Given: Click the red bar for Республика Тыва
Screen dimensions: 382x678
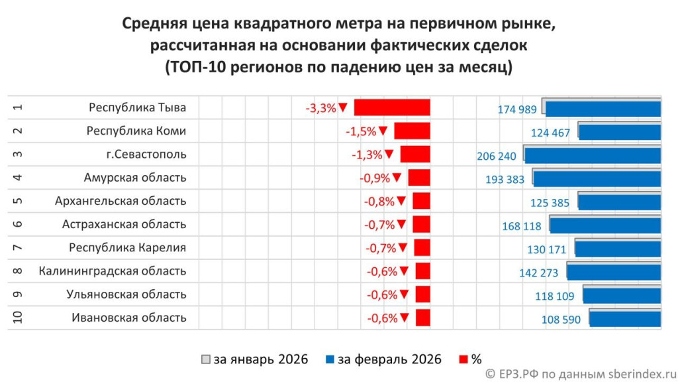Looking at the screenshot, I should point(392,107).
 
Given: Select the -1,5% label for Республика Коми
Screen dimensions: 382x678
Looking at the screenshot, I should point(361,131).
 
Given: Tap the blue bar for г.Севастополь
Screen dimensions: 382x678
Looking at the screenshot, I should point(593,155).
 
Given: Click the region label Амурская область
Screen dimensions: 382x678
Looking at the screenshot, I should point(135,178).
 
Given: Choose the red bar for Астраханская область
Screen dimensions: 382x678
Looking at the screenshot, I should point(422,224).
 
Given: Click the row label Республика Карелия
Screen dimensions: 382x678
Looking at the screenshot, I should point(128,248).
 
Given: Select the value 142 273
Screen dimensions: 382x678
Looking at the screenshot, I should point(539,273).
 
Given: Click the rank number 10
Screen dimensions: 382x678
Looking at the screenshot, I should point(19,318).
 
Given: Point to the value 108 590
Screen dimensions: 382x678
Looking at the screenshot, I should point(561,320).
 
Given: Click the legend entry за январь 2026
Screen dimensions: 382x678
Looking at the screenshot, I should point(255,359).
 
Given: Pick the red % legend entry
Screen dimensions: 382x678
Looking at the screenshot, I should point(469,359).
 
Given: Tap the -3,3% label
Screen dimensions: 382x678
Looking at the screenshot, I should point(320,108).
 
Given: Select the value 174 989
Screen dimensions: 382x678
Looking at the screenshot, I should point(517,109).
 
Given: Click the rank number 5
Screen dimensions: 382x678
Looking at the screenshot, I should point(19,201).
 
